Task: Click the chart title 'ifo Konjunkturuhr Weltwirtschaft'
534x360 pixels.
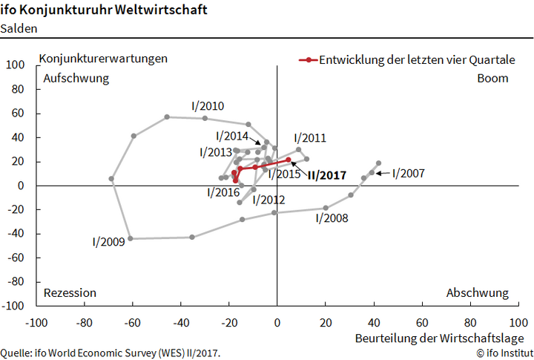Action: pos(105,11)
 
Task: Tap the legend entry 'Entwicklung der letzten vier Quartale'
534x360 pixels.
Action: pos(417,60)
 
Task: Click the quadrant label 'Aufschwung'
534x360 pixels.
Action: pos(76,78)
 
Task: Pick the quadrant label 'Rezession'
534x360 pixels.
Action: pos(70,292)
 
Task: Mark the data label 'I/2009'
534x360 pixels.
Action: pos(108,241)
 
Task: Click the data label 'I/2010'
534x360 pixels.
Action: pos(208,106)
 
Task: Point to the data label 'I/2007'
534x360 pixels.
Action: pos(408,173)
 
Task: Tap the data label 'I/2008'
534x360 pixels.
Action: pos(332,218)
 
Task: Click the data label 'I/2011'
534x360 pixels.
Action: pos(310,138)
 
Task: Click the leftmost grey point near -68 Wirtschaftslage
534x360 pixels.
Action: pos(111,179)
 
